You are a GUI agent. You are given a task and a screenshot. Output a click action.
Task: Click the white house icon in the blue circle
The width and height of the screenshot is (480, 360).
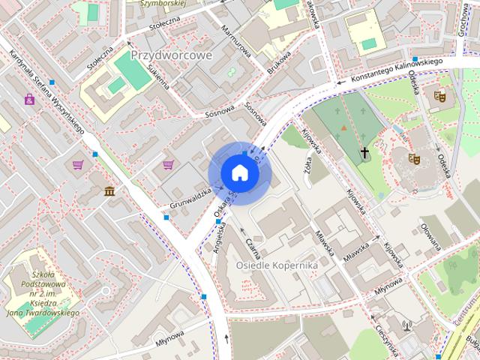238,172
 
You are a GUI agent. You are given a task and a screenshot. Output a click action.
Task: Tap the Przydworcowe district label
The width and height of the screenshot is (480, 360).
172,55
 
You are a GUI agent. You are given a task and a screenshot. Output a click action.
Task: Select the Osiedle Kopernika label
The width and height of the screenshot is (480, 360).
277,265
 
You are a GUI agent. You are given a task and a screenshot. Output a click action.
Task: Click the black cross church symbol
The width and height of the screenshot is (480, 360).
365,153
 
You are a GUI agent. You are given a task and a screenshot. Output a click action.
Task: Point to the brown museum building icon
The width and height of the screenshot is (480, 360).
110,191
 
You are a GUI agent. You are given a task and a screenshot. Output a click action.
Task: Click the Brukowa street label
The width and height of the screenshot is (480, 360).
279,61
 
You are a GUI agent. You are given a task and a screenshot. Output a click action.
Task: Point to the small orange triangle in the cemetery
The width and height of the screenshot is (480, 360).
343,127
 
